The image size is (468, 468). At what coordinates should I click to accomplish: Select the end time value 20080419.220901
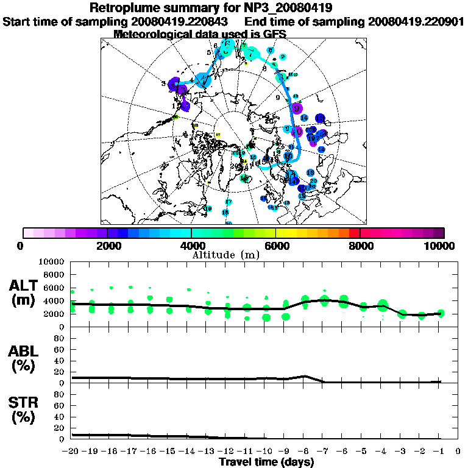tap(416, 21)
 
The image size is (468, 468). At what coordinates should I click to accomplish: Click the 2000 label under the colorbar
tap(107, 246)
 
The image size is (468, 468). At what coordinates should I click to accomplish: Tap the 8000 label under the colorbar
tap(360, 246)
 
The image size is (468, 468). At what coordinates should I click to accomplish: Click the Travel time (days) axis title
tap(266, 462)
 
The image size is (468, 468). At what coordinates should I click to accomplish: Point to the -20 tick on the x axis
tap(71, 452)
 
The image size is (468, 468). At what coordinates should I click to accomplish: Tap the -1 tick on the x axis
tap(439, 452)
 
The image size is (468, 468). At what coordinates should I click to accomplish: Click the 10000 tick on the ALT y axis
tap(52, 261)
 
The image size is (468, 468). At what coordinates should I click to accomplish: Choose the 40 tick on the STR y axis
tap(60, 416)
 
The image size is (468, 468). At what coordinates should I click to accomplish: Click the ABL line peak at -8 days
tap(305, 376)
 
